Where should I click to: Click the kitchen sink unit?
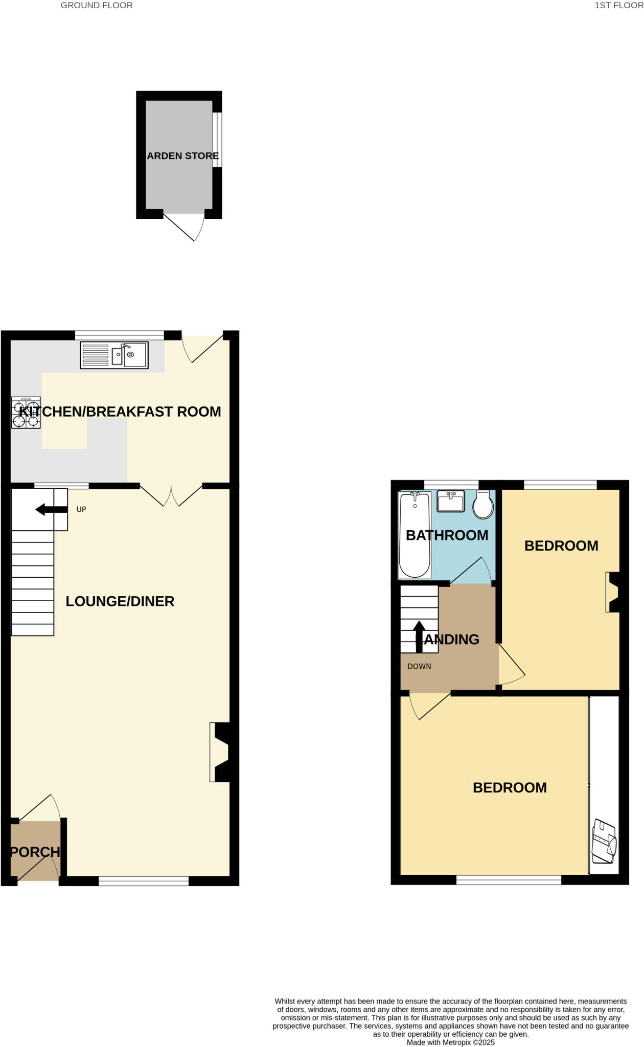click(114, 355)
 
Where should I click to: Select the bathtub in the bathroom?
click(415, 534)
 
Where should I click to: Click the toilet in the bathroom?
click(483, 505)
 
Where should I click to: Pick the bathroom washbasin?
click(451, 501)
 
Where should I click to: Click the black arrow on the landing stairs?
click(419, 635)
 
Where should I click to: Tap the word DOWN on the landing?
click(419, 666)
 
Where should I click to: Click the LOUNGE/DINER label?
click(120, 601)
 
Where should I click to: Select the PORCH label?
click(35, 852)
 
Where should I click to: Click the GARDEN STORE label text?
click(182, 156)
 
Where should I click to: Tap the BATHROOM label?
click(447, 535)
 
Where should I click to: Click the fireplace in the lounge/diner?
click(220, 752)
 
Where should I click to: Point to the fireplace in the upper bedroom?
click(613, 592)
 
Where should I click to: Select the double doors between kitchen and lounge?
click(171, 496)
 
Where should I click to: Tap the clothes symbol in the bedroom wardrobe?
click(604, 841)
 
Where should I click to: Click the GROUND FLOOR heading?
click(97, 6)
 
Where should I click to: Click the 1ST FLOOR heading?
click(618, 6)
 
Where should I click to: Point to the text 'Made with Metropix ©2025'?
click(450, 1042)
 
